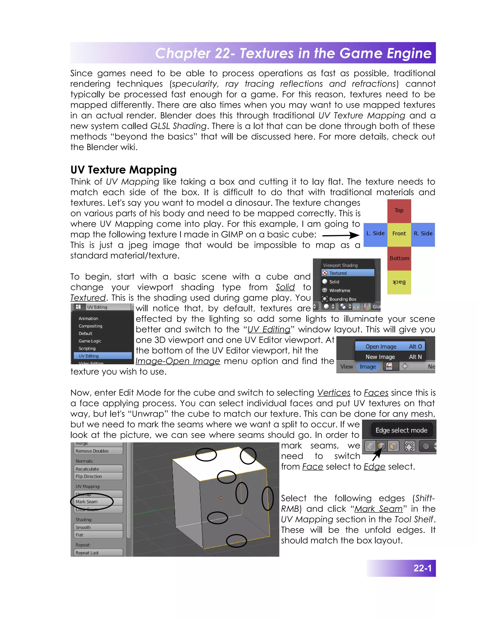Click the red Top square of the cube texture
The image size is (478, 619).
click(399, 211)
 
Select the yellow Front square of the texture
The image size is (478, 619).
click(399, 234)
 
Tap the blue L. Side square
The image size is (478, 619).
click(375, 234)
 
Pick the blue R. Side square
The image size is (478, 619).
click(423, 234)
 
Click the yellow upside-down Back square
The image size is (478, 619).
click(399, 282)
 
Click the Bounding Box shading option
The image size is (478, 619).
click(342, 299)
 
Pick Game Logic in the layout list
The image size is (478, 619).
click(90, 341)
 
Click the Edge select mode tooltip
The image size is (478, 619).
click(401, 430)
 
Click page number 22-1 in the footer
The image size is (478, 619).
click(422, 568)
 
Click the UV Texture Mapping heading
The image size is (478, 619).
click(123, 170)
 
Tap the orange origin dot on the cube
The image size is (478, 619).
click(221, 498)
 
